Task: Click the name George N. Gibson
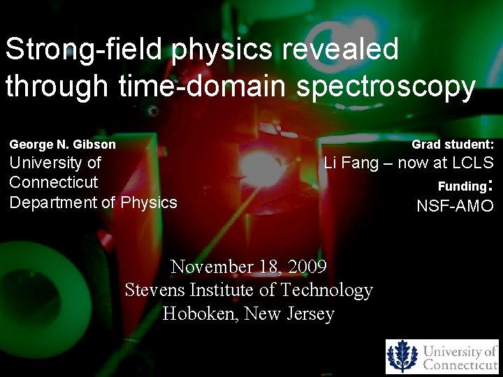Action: (63, 145)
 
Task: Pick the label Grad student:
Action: (452, 145)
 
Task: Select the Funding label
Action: (461, 186)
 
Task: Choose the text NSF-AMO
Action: (455, 206)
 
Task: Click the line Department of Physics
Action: (93, 202)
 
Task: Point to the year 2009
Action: (305, 267)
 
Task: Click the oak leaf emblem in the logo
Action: (402, 356)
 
